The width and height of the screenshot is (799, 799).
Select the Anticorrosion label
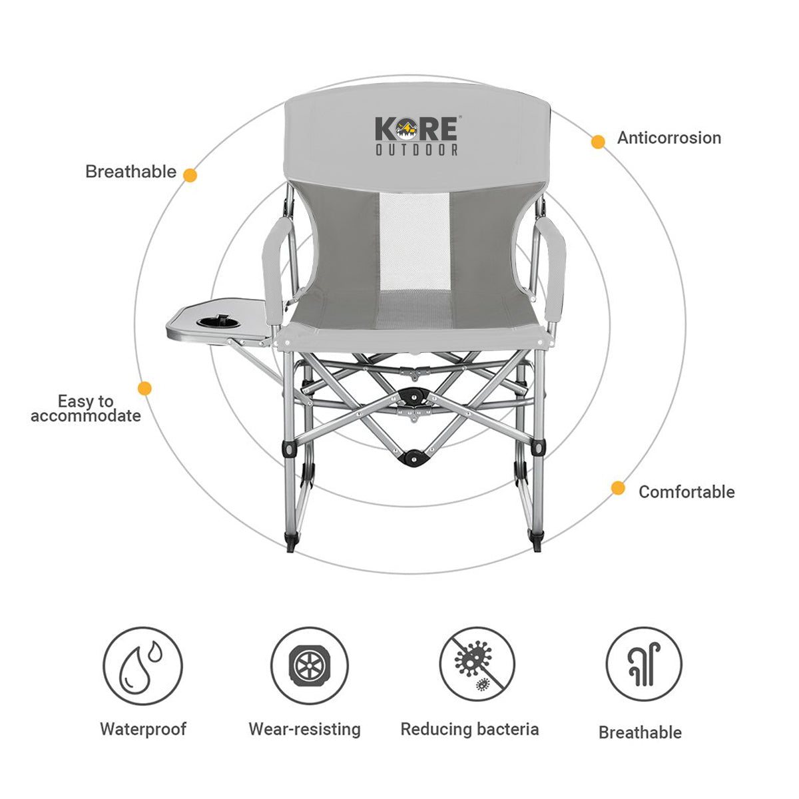click(668, 138)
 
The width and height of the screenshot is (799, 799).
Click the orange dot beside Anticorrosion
click(598, 141)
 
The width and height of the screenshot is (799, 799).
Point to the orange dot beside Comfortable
click(618, 488)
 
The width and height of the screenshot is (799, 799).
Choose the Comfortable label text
click(686, 492)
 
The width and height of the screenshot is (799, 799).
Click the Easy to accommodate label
click(86, 409)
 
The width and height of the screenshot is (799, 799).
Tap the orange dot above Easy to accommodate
click(144, 388)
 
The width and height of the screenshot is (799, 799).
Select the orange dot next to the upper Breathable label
click(190, 175)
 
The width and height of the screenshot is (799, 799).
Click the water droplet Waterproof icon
click(142, 666)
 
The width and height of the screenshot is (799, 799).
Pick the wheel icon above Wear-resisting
click(310, 666)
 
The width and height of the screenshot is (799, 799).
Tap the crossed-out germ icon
click(477, 666)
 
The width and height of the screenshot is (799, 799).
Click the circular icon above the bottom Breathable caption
click(644, 666)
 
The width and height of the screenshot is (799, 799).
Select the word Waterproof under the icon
click(143, 728)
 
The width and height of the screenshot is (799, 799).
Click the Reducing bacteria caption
click(469, 729)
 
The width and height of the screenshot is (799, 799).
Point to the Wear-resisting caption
click(304, 729)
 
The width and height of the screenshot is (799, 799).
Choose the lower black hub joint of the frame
click(414, 458)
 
